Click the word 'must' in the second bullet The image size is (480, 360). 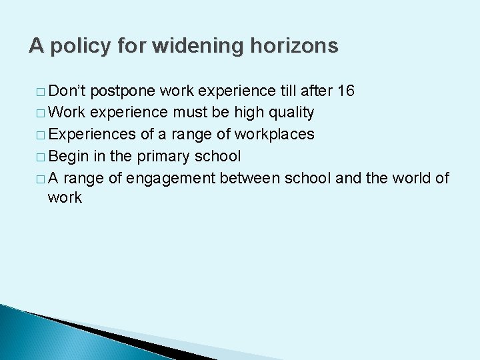point(192,113)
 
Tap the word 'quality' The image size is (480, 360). point(288,113)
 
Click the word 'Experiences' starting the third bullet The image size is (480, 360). point(92,134)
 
